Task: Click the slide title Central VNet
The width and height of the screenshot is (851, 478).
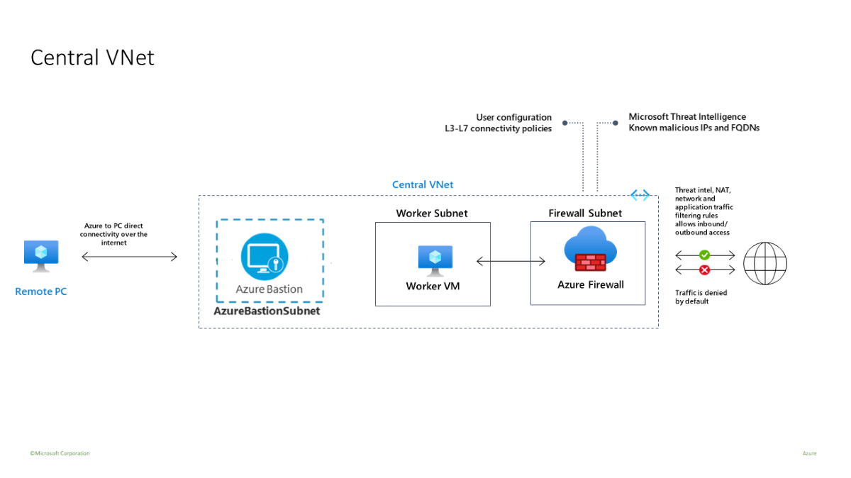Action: [x=92, y=57]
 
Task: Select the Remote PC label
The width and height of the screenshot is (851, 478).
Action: [x=41, y=291]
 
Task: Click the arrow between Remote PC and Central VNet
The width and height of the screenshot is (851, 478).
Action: [x=130, y=257]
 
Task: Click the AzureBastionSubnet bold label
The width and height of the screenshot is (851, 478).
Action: [x=267, y=311]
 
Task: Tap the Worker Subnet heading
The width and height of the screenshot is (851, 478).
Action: [x=432, y=213]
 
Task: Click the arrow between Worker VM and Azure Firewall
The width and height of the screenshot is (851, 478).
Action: [x=511, y=262]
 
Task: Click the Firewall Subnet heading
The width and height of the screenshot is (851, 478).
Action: [x=585, y=213]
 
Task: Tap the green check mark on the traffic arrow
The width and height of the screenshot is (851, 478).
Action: [x=704, y=255]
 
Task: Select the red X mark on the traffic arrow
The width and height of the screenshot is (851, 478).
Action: [x=704, y=270]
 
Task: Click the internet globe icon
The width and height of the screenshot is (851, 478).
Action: [x=764, y=263]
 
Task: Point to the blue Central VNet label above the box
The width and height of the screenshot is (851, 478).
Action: [x=423, y=185]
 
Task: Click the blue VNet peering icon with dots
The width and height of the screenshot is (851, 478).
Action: [x=640, y=195]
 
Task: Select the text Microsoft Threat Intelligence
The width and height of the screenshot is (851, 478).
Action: [x=687, y=117]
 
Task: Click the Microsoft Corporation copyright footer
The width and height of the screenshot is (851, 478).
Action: [x=60, y=453]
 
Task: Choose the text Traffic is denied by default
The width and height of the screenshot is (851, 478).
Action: [x=701, y=296]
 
